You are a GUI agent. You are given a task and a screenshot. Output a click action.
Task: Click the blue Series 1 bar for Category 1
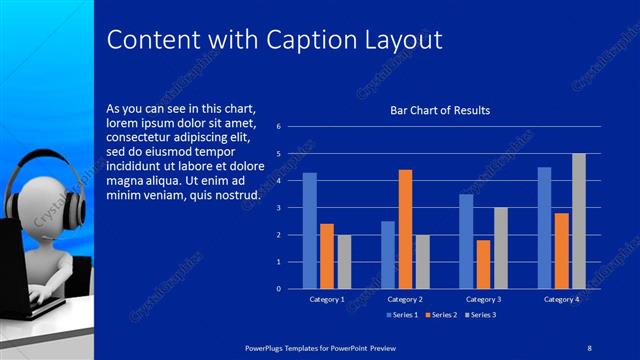(309, 231)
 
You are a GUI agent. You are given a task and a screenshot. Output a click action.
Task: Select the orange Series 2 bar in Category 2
(405, 229)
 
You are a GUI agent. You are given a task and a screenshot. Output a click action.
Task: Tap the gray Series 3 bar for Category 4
(578, 221)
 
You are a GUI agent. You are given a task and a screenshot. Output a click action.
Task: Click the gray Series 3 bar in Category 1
(344, 262)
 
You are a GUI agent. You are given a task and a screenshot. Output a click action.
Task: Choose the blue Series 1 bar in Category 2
(388, 255)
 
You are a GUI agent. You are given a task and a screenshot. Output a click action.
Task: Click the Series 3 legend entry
(482, 315)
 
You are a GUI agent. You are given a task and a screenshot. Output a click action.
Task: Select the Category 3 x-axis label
(483, 299)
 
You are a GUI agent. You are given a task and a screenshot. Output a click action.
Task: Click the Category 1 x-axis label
(326, 299)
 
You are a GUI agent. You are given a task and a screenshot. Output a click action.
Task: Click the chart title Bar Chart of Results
(440, 110)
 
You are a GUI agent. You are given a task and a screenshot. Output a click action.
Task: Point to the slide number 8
(590, 345)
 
